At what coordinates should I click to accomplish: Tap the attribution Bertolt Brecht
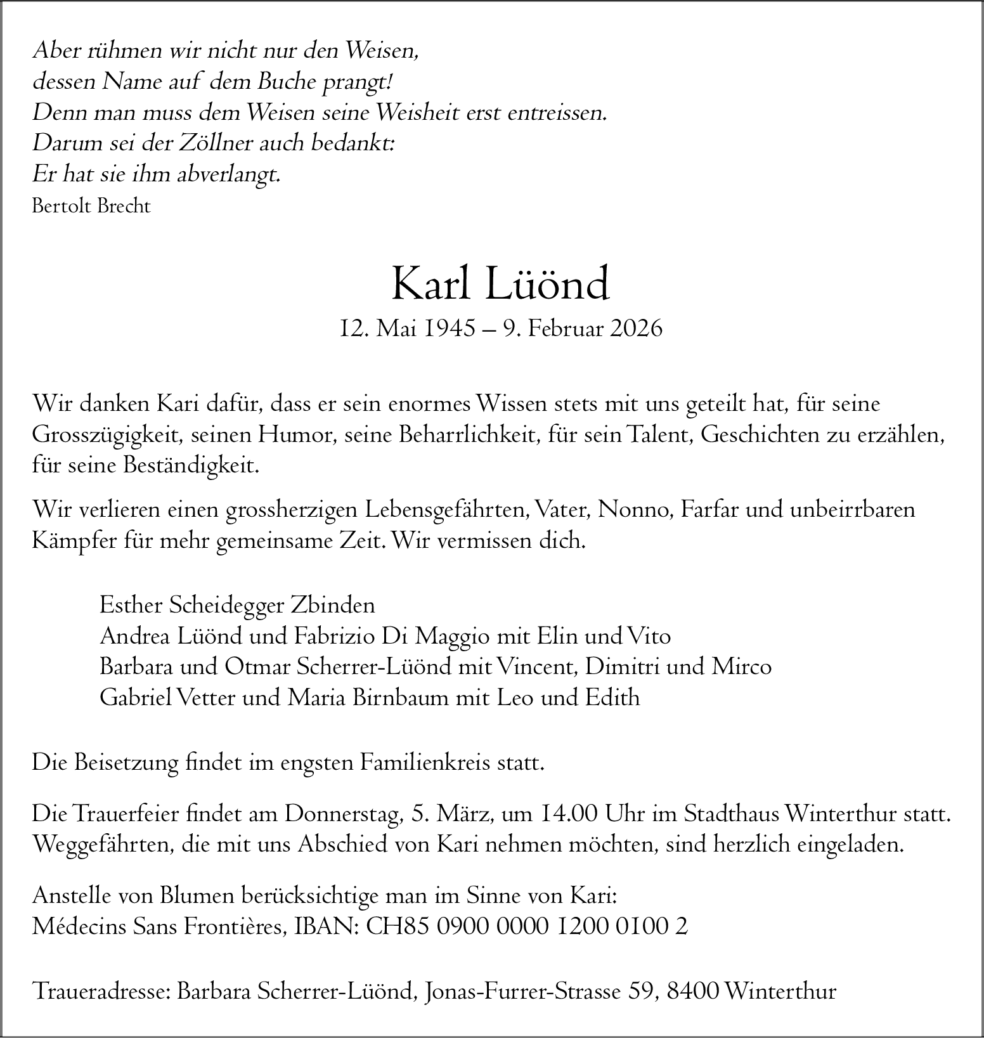(91, 206)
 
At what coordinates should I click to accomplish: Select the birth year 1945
(450, 328)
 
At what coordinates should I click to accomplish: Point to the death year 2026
(636, 328)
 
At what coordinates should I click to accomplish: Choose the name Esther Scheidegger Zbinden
(237, 606)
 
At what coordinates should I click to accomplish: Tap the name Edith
(612, 697)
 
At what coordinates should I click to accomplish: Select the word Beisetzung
(126, 762)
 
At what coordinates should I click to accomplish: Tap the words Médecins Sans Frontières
(159, 927)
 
